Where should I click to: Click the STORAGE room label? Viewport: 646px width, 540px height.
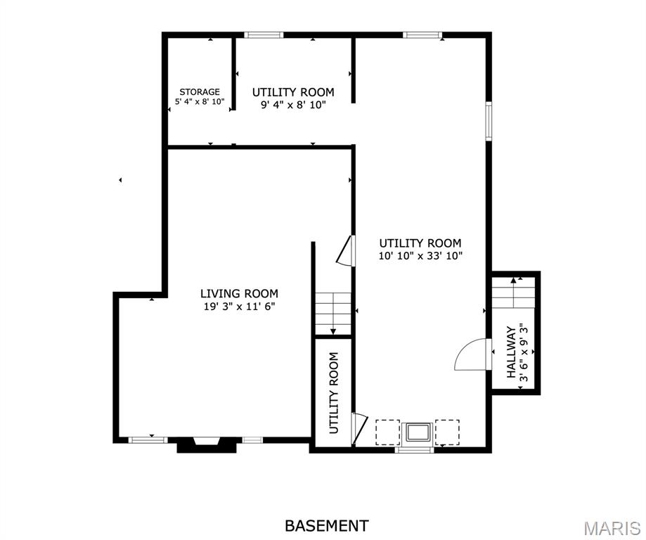click(200, 91)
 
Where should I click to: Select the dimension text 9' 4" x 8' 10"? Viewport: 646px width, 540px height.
click(293, 105)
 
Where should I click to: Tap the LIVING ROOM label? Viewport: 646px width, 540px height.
click(239, 293)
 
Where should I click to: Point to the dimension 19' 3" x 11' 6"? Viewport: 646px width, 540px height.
click(239, 306)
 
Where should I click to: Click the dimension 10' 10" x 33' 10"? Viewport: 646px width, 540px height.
click(420, 256)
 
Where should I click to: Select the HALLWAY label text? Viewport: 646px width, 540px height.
click(511, 352)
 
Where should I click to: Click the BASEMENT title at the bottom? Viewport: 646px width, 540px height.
click(326, 525)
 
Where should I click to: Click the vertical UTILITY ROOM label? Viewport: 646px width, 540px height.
click(334, 392)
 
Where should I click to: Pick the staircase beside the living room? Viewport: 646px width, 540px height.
click(332, 313)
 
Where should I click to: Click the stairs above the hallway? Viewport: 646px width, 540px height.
click(514, 292)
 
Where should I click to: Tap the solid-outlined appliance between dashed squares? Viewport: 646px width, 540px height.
click(418, 432)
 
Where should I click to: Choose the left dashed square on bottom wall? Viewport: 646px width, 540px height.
click(387, 432)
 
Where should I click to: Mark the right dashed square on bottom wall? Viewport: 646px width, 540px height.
click(447, 432)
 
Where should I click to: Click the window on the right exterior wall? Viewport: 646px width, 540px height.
click(489, 122)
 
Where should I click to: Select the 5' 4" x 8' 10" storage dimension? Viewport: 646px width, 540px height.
click(200, 102)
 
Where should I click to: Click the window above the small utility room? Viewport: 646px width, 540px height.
click(264, 34)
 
